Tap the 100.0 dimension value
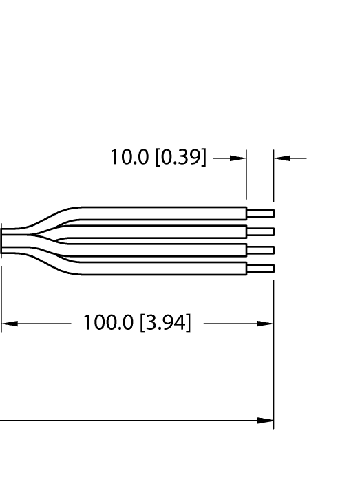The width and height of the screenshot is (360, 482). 109,322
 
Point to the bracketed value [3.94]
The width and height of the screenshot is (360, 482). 165,322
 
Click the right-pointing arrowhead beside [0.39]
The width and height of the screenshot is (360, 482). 238,158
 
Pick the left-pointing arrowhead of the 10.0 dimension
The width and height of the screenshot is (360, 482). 282,158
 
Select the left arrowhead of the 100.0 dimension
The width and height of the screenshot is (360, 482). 9,323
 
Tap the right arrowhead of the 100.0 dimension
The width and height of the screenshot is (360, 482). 266,323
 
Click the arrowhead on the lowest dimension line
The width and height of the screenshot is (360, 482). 266,420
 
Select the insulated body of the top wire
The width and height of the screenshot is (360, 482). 165,213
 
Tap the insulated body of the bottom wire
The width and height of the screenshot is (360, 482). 165,269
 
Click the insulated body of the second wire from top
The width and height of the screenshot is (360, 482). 165,231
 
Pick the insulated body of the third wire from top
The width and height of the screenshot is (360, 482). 165,250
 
